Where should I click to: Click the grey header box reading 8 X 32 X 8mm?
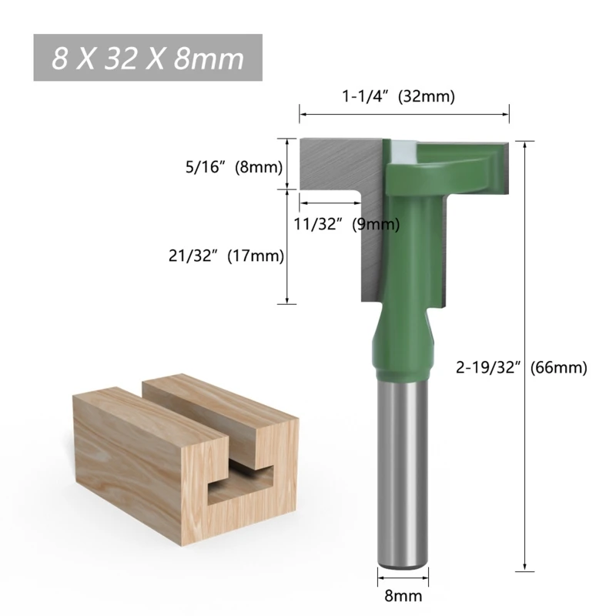pyautogui.click(x=148, y=58)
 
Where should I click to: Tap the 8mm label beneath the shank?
pyautogui.click(x=403, y=594)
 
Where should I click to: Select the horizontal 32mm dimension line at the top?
pyautogui.click(x=404, y=115)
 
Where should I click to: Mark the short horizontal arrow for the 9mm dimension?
pyautogui.click(x=331, y=203)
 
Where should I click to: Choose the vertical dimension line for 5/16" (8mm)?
pyautogui.click(x=287, y=163)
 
